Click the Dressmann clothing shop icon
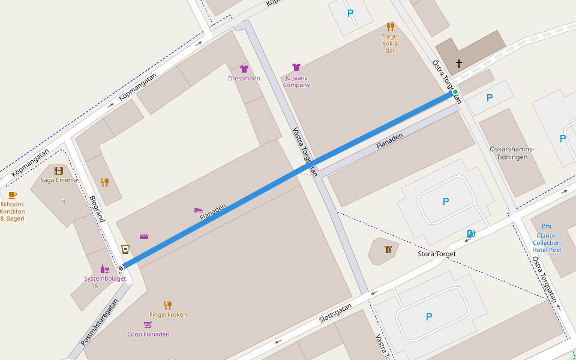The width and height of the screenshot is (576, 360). click(x=244, y=69)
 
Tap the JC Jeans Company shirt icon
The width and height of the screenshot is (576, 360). click(x=296, y=67)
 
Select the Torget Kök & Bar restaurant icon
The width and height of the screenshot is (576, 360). click(x=391, y=26)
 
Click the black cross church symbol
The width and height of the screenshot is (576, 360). click(x=460, y=63)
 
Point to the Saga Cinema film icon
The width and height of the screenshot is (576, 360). click(x=58, y=171)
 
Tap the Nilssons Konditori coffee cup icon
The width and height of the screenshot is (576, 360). click(x=12, y=195)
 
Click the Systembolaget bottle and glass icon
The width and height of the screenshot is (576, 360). click(x=105, y=269)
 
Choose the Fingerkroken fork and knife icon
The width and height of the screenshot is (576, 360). click(x=168, y=305)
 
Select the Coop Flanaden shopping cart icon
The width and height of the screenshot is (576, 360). click(x=148, y=325)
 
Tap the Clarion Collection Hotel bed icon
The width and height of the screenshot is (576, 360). click(x=546, y=226)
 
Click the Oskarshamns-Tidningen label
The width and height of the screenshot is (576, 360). click(x=512, y=153)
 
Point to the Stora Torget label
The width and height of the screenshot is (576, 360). click(x=437, y=254)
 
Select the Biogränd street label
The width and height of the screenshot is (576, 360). click(x=97, y=208)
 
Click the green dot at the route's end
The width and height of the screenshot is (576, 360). click(x=455, y=92)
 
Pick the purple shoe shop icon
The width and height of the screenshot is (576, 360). click(x=198, y=209)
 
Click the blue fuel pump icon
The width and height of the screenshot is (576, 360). click(x=471, y=233)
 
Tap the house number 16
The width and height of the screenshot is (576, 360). click(x=94, y=286)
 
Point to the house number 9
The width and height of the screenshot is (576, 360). click(x=64, y=202)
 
